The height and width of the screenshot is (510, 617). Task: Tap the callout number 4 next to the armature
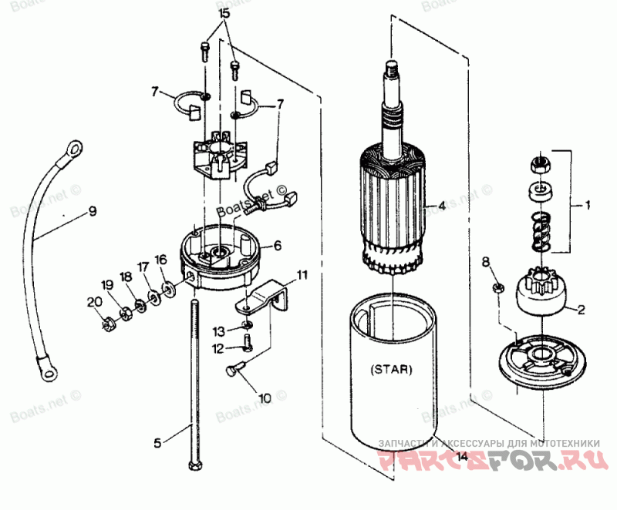(442, 206)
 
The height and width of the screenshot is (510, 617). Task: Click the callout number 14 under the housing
(461, 456)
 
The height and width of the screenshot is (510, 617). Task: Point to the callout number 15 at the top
(224, 15)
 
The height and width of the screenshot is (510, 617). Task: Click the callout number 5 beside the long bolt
(157, 442)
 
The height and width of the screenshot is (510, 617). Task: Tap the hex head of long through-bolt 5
(193, 465)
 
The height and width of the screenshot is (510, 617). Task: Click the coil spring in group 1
(541, 231)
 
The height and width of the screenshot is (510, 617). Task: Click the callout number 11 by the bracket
(302, 273)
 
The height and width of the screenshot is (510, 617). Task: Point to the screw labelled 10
(232, 371)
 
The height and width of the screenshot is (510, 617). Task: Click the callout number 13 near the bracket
(218, 331)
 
